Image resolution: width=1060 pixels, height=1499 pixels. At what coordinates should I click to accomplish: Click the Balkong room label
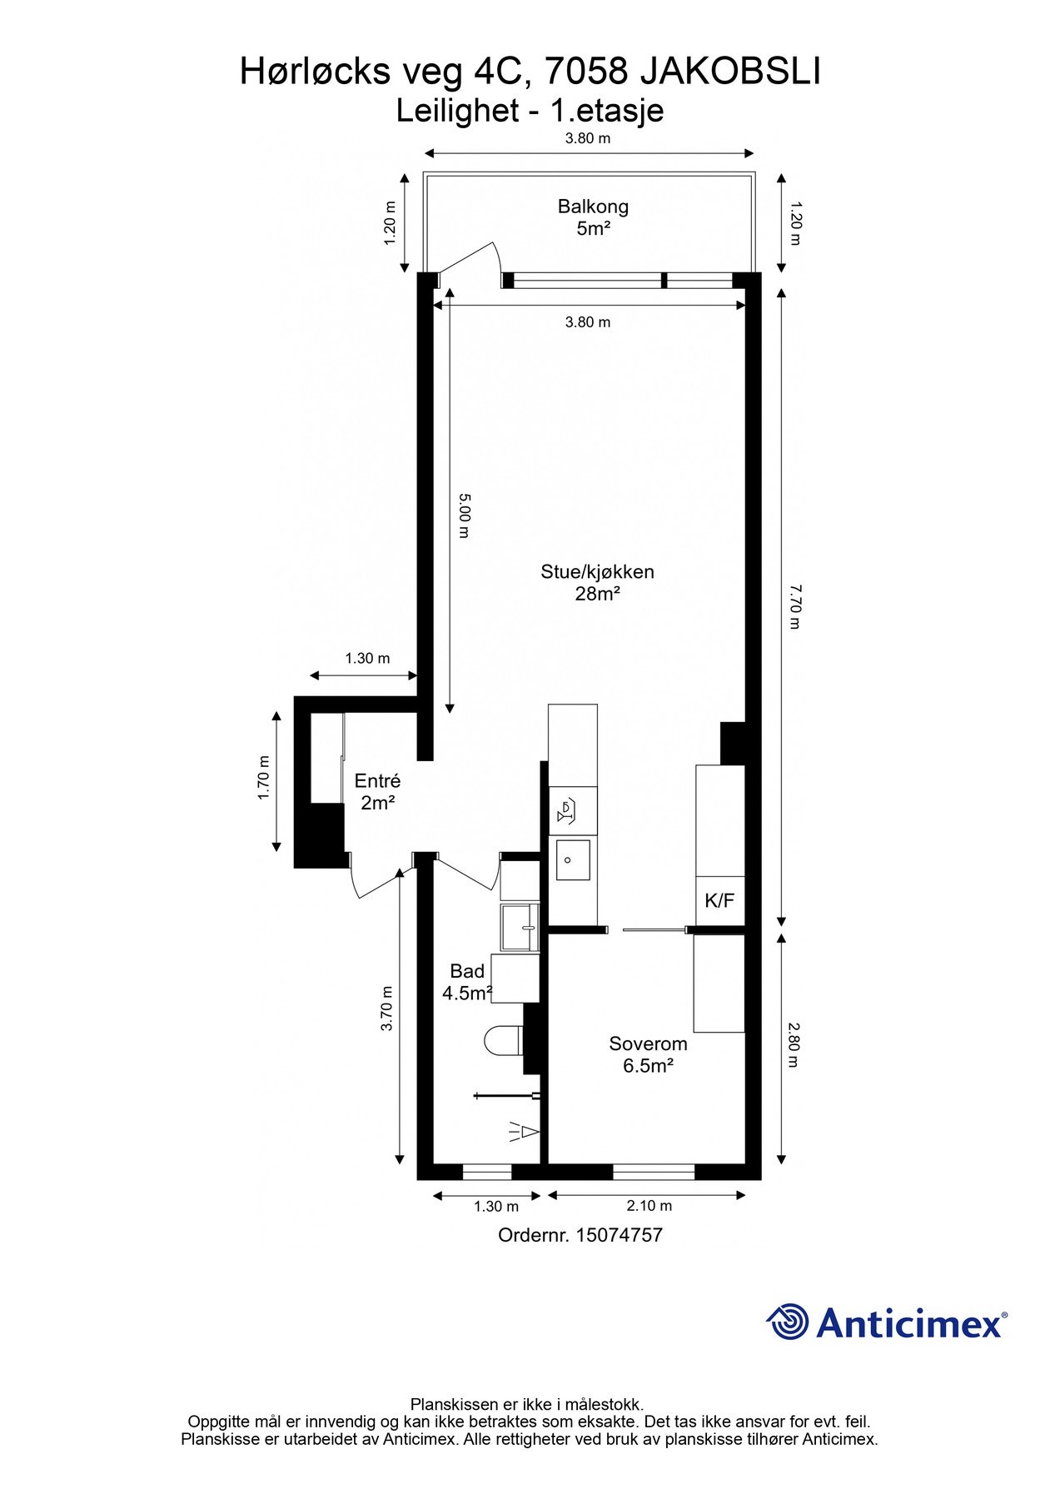pos(593,217)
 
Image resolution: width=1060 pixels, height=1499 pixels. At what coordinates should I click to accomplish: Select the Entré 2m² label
pos(377,792)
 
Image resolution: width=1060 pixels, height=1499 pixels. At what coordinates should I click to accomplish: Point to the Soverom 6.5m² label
pos(648,1054)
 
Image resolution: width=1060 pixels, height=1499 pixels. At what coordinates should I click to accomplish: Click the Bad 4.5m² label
pos(467,982)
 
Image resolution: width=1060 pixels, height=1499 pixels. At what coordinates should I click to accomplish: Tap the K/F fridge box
pos(719,901)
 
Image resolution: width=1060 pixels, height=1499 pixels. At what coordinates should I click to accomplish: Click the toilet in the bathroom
pos(503,1040)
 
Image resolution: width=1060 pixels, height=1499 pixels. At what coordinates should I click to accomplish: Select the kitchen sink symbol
pos(573,859)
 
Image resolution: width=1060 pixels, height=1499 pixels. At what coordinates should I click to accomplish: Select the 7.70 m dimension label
pos(794,606)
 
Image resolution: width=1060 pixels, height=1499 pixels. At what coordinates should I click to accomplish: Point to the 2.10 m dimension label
pos(648,1206)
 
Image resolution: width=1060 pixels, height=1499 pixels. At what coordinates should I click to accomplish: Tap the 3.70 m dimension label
pos(386,1008)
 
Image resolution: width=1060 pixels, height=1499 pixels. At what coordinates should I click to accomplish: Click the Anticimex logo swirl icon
pos(787,1322)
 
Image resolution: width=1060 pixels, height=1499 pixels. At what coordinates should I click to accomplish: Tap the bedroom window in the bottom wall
pos(654,1173)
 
